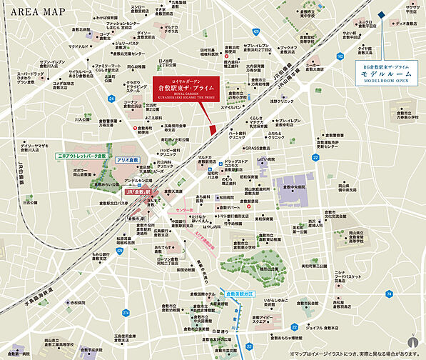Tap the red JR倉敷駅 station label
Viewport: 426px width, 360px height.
coord(137,193)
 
